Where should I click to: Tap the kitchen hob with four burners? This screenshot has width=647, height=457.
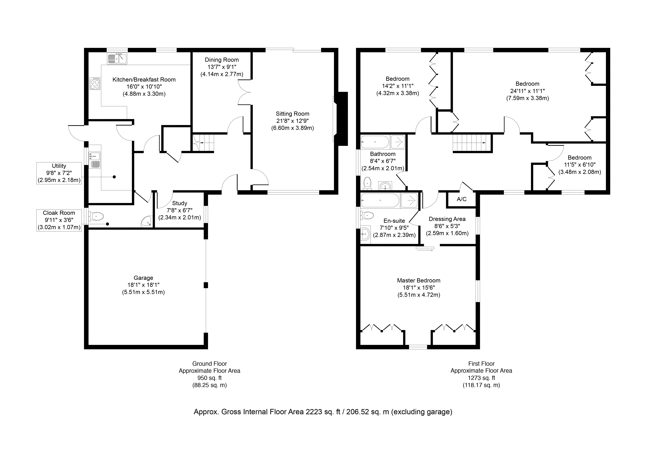[95, 84]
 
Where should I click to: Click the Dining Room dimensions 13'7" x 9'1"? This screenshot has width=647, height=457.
[222, 67]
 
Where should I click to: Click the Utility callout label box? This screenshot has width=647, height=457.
[59, 173]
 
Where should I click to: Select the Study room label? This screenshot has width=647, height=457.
[179, 203]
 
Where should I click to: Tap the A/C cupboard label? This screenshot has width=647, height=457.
[461, 199]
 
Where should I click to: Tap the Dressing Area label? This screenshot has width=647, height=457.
[447, 219]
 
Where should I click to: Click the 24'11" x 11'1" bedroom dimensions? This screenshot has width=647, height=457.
[527, 91]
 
